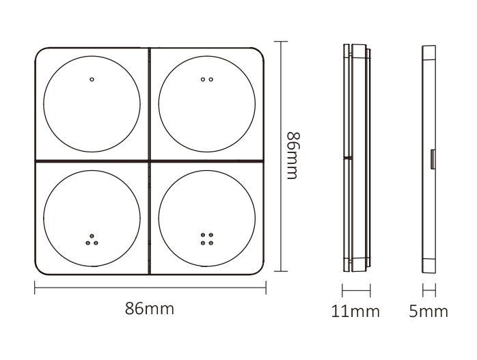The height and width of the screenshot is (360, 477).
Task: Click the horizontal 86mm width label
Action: point(150,309)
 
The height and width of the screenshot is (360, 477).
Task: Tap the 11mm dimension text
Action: point(355,311)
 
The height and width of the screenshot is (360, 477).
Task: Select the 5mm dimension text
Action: point(429,311)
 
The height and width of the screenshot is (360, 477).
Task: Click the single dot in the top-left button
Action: point(92,79)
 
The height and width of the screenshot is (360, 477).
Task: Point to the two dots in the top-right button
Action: point(207,79)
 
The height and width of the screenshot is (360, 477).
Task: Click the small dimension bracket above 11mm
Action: point(355,291)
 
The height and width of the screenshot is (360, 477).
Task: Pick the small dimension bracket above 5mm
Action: point(429,291)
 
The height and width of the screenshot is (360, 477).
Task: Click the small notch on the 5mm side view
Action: point(433,159)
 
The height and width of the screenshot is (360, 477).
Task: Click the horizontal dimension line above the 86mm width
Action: point(150,288)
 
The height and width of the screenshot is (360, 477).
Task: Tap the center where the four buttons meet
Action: point(150,161)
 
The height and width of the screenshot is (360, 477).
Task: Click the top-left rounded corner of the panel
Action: point(40,53)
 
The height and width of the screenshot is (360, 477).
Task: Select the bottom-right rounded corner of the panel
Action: point(260,268)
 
